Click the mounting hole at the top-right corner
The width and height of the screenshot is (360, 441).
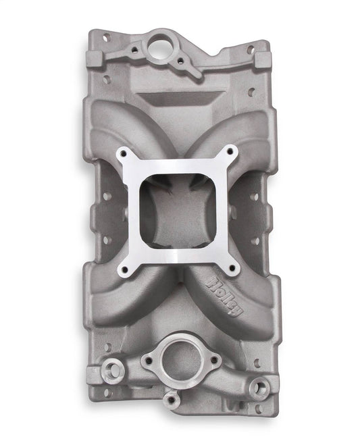tap(250, 49)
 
